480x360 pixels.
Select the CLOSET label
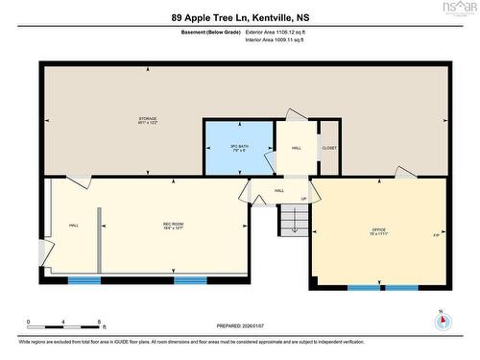(329, 148)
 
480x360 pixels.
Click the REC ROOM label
(173, 227)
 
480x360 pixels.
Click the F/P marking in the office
(436, 234)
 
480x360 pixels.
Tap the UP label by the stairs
(304, 200)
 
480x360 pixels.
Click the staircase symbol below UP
(292, 222)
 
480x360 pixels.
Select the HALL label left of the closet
(298, 148)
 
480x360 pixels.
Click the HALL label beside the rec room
(74, 226)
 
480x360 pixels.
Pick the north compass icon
(440, 319)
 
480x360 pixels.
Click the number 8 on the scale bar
(100, 321)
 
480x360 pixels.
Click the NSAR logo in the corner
(457, 10)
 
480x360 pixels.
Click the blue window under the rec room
(84, 280)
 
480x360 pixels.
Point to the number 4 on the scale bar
(63, 321)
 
